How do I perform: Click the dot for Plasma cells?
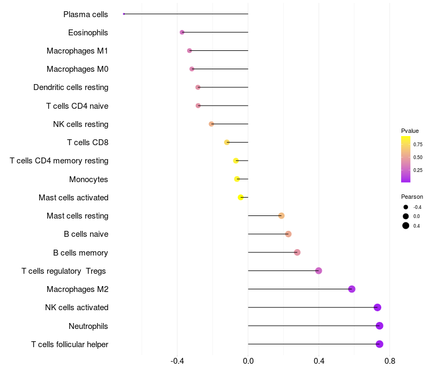[x=124, y=14]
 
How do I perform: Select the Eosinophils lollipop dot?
[x=182, y=32]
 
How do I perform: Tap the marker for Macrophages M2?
[x=352, y=289]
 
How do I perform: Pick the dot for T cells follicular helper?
[x=380, y=344]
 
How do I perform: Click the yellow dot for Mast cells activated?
[x=241, y=197]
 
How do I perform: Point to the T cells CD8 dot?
[x=227, y=142]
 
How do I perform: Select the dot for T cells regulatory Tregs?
[x=319, y=271]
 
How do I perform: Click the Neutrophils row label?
[x=88, y=326]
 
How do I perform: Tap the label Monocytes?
[x=88, y=179]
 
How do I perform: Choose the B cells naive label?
[x=86, y=234]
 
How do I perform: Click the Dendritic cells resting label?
[x=71, y=87]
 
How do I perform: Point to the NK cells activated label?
[x=77, y=307]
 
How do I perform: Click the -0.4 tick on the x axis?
[x=177, y=362]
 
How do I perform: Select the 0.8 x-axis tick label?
[x=390, y=362]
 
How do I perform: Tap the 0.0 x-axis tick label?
[x=248, y=362]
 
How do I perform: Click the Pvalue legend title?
[x=410, y=131]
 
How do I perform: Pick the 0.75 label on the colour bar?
[x=418, y=144]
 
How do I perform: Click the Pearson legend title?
[x=412, y=197]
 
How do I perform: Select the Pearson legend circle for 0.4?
[x=406, y=226]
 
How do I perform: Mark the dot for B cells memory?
[x=297, y=252]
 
